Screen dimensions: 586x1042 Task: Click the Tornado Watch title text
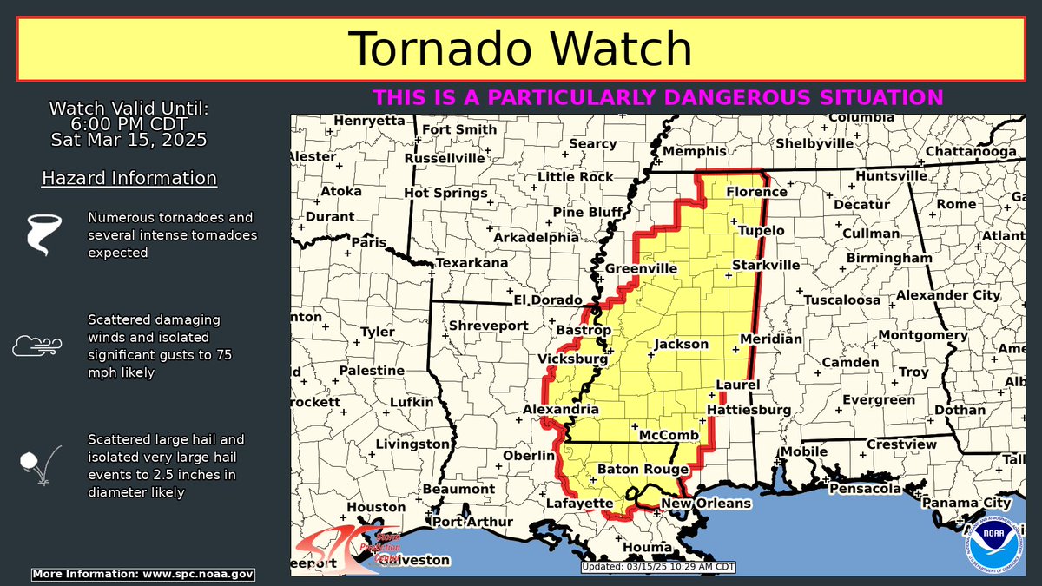click(520, 49)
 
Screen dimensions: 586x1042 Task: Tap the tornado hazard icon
click(40, 234)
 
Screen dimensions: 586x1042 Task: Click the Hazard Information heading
click(129, 179)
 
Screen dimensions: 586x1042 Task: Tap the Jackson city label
click(681, 344)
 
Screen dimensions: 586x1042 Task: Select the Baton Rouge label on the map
click(643, 470)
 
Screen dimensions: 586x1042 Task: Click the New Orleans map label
click(706, 504)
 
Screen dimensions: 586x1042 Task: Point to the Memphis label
click(694, 151)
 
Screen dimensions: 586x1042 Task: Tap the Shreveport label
click(488, 326)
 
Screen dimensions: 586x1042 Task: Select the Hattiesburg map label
click(749, 409)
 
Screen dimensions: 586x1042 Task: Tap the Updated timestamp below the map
click(658, 567)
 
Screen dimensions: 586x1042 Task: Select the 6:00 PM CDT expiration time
click(129, 124)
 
